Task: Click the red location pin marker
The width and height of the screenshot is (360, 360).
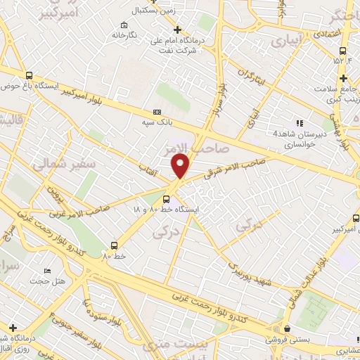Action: pos(181,165)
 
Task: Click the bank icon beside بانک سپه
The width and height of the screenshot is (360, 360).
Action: pos(157,112)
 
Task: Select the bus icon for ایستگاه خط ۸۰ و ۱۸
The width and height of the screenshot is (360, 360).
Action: pos(166,198)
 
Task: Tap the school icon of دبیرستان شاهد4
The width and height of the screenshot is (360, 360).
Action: pos(300,124)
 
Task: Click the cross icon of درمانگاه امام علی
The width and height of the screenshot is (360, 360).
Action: pos(177,30)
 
